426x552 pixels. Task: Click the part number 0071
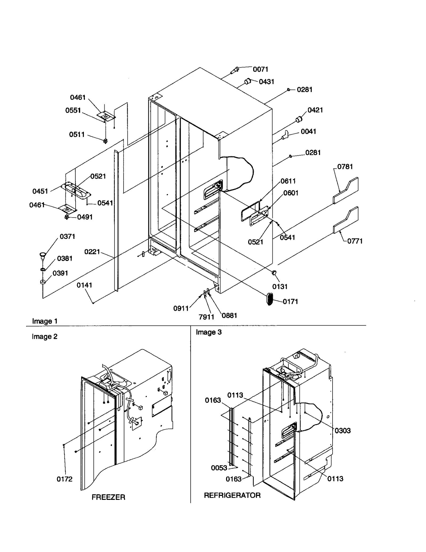(260, 69)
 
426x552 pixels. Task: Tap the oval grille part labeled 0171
(269, 299)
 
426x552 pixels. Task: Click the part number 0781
(345, 167)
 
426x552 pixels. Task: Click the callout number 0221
(92, 252)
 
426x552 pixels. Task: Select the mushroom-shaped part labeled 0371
(42, 255)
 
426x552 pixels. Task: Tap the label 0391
(60, 273)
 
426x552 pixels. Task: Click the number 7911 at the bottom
(206, 317)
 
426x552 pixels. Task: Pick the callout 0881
(229, 316)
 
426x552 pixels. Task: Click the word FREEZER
(108, 497)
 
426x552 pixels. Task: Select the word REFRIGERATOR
(232, 495)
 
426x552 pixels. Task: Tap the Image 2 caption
(44, 337)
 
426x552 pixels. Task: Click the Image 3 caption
(208, 332)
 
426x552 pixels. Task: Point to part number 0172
(64, 479)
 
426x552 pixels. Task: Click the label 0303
(342, 430)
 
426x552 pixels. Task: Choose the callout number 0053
(219, 468)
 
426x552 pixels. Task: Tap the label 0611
(288, 181)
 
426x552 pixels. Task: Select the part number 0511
(77, 135)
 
